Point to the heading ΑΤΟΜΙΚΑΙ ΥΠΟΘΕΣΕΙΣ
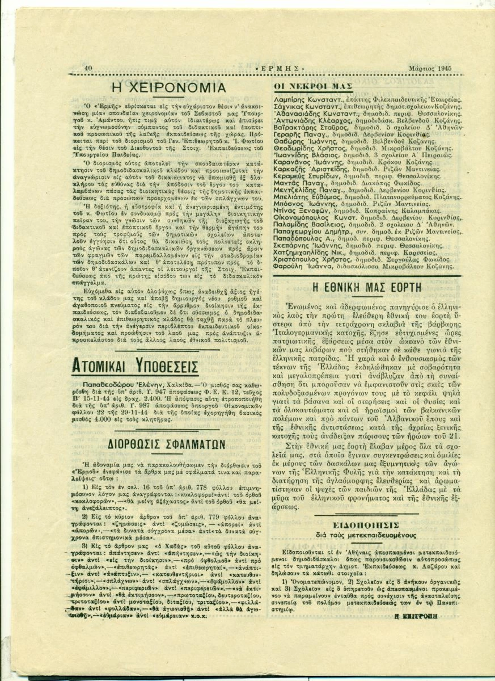pyautogui.click(x=134, y=365)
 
